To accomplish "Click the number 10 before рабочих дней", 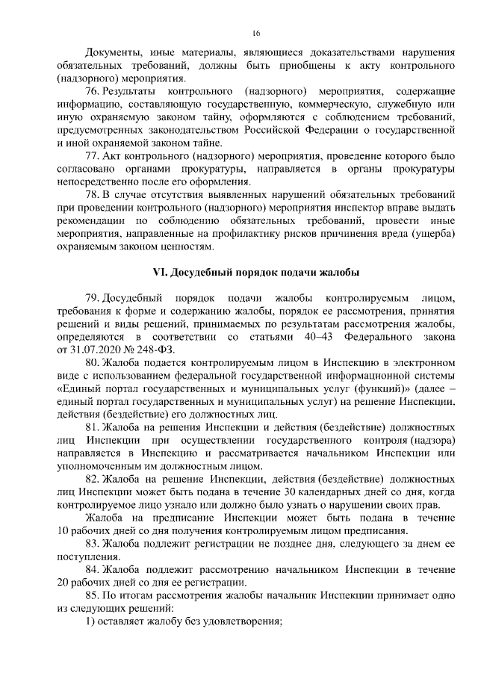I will coord(63,530).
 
